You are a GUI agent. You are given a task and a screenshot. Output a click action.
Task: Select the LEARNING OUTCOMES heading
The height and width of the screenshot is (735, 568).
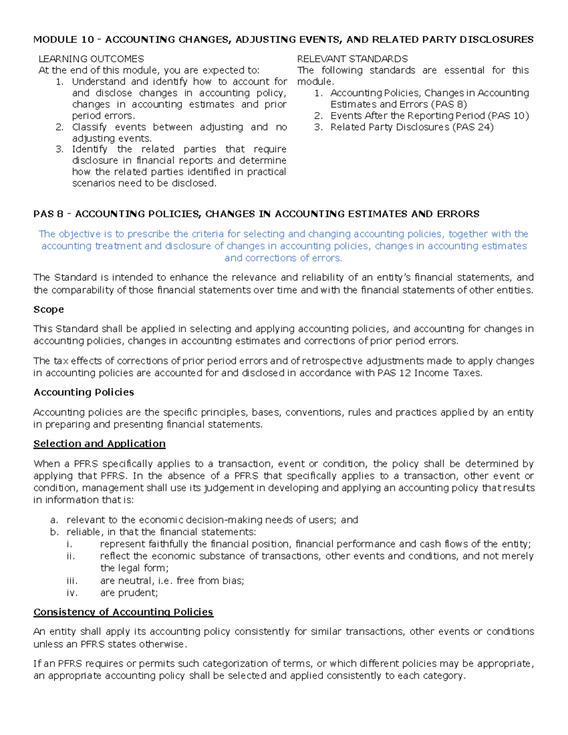click(x=91, y=59)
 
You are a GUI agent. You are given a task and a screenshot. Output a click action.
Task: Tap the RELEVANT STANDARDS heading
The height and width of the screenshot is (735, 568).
click(x=352, y=59)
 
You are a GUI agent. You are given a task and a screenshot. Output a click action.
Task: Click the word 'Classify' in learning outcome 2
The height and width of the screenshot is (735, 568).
click(x=89, y=127)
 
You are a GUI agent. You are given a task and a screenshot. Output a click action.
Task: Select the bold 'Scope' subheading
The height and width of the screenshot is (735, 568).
click(x=48, y=310)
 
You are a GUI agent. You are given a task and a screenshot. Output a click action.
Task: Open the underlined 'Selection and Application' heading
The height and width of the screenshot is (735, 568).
click(x=99, y=444)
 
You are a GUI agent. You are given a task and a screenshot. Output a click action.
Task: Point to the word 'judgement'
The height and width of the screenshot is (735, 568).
click(x=229, y=488)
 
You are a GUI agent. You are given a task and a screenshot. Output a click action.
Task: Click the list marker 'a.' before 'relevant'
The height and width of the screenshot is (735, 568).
click(x=54, y=520)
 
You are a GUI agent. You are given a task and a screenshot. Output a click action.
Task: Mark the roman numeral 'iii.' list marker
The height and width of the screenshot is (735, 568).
click(x=72, y=581)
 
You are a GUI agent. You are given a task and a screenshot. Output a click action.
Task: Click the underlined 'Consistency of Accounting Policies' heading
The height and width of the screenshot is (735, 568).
click(x=123, y=612)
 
